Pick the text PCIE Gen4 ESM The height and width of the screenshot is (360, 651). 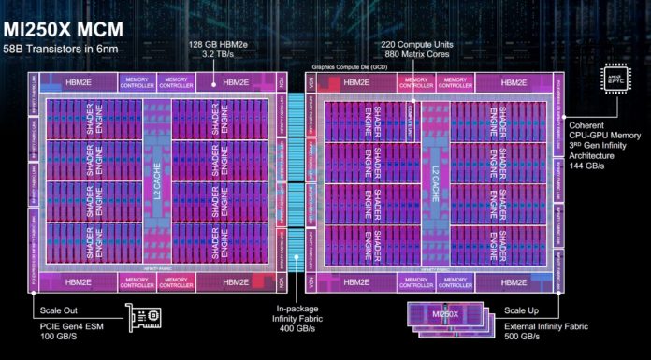[72, 324]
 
